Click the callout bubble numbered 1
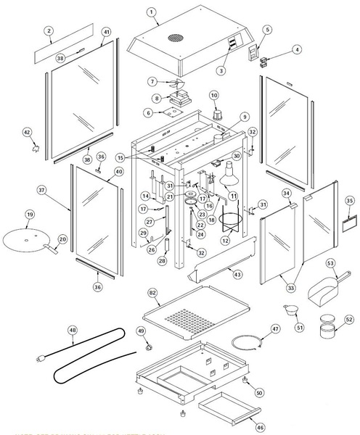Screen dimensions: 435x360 [152, 12]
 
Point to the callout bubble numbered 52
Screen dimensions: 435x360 [349, 318]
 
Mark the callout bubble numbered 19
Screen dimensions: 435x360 [30, 215]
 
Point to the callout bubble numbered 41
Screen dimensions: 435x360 [106, 33]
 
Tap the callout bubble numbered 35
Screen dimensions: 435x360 [349, 200]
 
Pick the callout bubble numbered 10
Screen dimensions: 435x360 [214, 96]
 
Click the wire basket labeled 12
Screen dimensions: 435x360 [232, 220]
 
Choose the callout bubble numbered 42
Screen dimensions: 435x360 [27, 132]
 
